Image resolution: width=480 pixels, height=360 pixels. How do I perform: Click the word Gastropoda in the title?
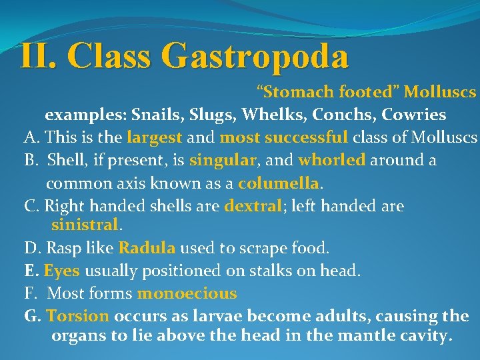pyautogui.click(x=255, y=56)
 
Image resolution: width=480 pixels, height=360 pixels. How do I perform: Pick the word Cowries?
pyautogui.click(x=414, y=115)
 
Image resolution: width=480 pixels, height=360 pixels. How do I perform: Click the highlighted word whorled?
pyautogui.click(x=332, y=161)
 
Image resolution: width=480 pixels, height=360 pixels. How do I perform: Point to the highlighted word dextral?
pyautogui.click(x=253, y=206)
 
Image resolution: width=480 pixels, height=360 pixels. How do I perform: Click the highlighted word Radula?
pyautogui.click(x=147, y=249)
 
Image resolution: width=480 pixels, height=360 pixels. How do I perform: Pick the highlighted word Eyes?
pyautogui.click(x=62, y=271)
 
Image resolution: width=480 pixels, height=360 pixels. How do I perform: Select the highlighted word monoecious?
pyautogui.click(x=187, y=293)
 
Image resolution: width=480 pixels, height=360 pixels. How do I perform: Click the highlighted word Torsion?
pyautogui.click(x=78, y=316)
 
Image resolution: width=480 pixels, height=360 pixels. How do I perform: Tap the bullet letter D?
pyautogui.click(x=31, y=249)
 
